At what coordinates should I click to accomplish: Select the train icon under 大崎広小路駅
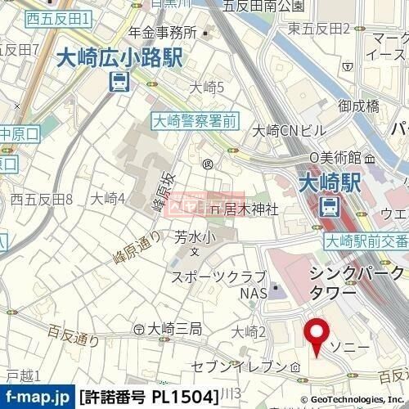pos(119,82)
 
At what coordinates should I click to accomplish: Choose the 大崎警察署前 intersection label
pos(195,119)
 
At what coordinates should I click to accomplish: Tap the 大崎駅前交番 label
pos(366,240)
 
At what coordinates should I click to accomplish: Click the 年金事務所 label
pos(163,33)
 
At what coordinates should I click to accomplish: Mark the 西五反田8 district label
pos(42,199)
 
